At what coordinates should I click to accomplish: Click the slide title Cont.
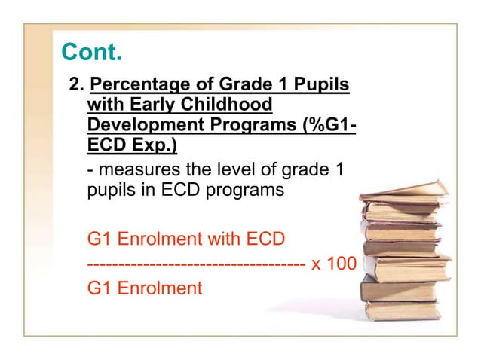coord(90,52)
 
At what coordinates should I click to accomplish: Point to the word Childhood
coord(219,103)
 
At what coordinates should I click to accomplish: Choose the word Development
coord(137,123)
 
